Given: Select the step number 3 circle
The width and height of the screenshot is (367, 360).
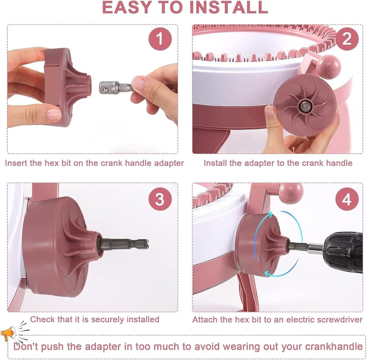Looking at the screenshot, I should (160, 200).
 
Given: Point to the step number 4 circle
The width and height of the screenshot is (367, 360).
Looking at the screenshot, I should (347, 200).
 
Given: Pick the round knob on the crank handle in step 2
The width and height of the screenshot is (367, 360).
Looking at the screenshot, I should (328, 66).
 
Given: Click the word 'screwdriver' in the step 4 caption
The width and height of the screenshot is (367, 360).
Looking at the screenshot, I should (336, 320).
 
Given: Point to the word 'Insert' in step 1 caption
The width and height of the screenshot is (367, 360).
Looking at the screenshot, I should (16, 163).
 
